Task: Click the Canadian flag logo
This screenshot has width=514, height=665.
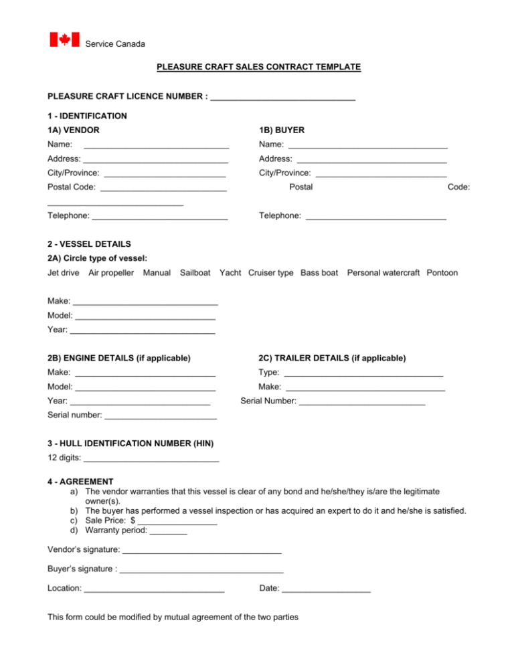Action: coord(65,39)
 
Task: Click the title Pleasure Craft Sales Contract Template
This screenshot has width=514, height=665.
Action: coord(258,67)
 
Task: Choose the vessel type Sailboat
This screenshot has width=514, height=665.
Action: coord(195,273)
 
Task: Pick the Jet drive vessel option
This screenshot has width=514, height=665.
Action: coord(64,273)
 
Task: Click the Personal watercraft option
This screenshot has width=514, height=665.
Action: coord(383,273)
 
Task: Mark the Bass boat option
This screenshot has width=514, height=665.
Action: coord(319,273)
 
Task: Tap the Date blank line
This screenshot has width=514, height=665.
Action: coord(327,590)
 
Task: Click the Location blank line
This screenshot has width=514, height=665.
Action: coord(155,590)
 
